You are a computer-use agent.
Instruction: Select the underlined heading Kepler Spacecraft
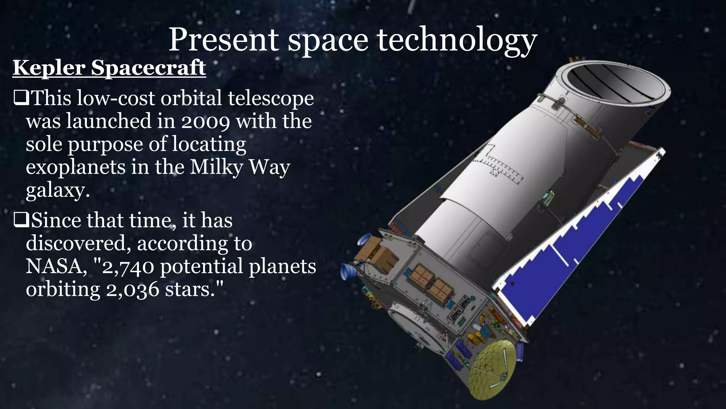click(109, 67)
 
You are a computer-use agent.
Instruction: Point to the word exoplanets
click(76, 167)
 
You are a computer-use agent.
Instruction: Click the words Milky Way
click(240, 167)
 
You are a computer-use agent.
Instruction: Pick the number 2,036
click(133, 290)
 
